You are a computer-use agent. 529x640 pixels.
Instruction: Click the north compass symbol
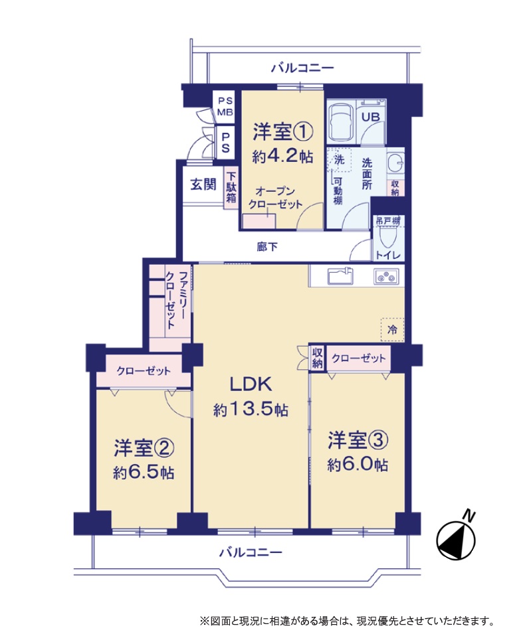455,540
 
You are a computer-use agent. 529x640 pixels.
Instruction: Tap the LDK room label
251,384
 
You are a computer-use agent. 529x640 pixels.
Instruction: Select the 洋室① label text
282,131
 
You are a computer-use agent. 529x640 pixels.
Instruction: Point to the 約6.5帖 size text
144,472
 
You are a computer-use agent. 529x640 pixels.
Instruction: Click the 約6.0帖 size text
358,464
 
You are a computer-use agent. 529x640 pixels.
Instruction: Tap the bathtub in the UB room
341,121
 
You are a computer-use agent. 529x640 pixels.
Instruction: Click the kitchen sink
340,276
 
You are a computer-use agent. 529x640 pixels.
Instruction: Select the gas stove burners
386,276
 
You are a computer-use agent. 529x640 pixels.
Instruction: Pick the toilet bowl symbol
385,238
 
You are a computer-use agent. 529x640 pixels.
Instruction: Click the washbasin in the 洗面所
395,163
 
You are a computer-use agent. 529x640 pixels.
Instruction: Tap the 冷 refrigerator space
392,329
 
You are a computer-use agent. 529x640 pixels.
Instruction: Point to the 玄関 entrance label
203,185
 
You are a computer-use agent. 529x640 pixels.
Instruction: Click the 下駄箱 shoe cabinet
231,188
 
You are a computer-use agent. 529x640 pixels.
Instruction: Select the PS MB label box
225,106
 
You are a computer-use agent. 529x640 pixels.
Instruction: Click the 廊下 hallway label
267,247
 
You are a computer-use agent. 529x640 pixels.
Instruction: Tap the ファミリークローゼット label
177,299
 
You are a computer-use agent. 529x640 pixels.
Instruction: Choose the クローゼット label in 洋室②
144,370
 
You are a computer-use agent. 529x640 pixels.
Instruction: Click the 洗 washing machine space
339,159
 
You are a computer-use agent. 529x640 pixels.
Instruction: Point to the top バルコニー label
302,68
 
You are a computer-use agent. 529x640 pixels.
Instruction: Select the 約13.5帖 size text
251,409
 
